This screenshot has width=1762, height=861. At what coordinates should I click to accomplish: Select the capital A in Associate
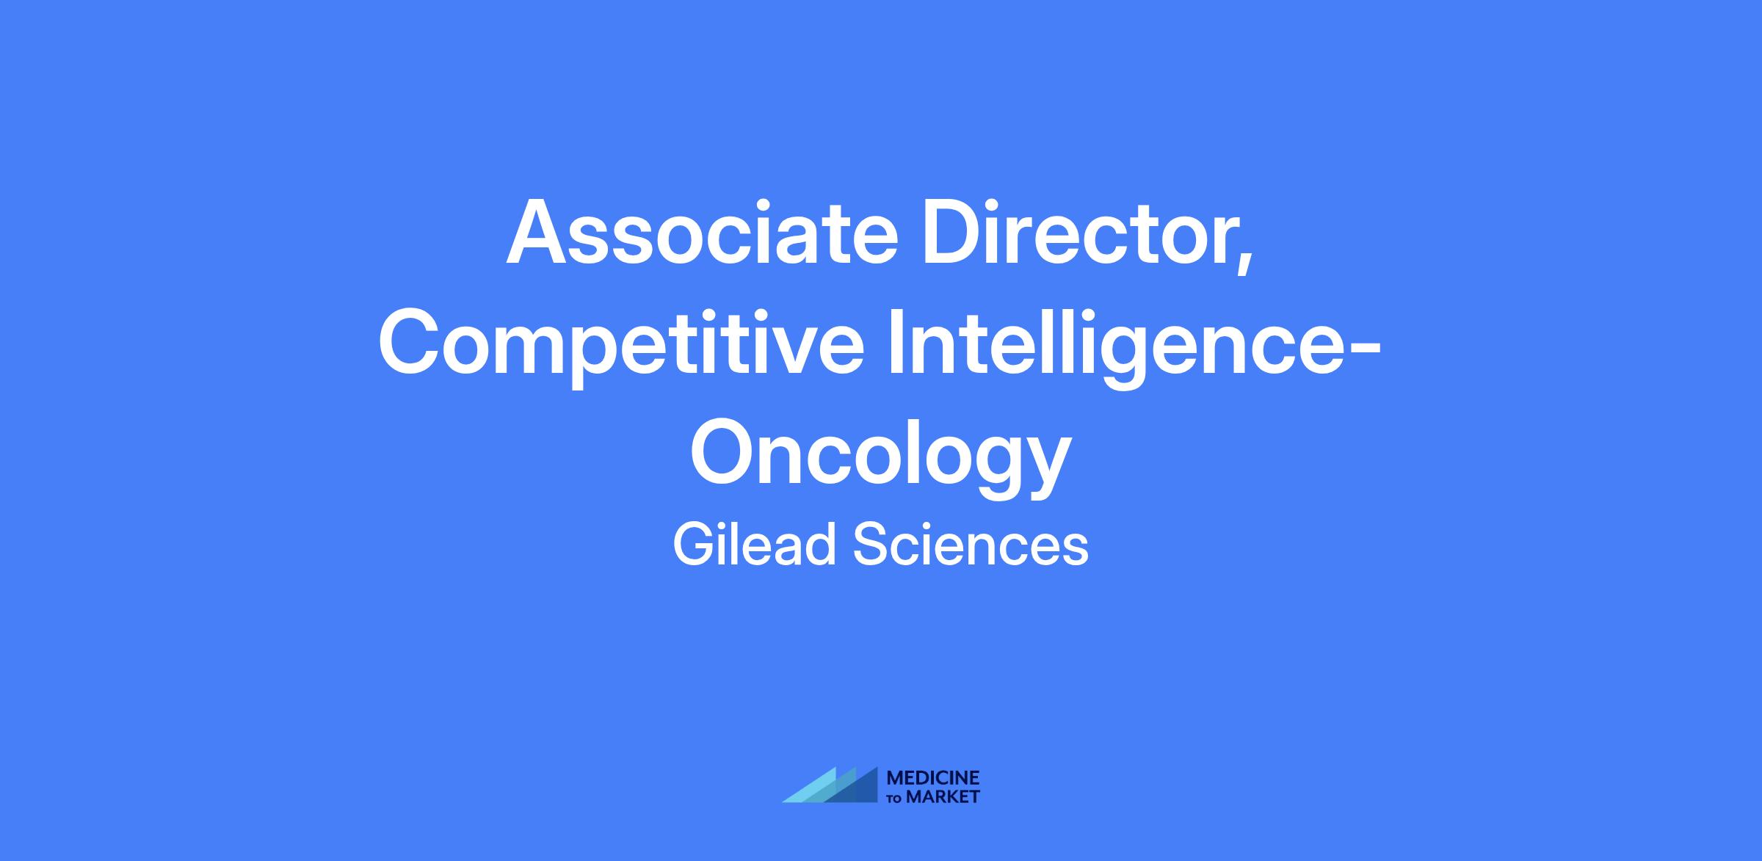540,232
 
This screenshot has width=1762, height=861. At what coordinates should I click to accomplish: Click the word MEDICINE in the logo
933,778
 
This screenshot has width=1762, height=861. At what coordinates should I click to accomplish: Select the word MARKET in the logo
943,797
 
